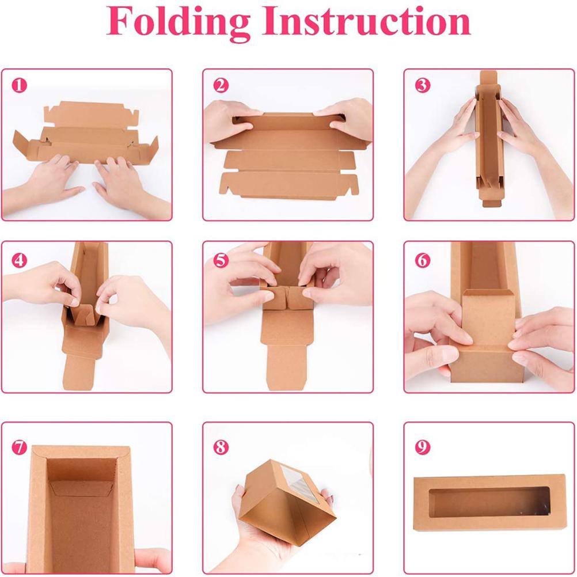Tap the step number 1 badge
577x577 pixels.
20,86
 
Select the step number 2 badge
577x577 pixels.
221,86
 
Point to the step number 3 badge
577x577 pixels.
422,86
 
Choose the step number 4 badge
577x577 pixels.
20,260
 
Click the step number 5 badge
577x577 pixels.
221,260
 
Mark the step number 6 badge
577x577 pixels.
422,260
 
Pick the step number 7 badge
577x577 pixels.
20,447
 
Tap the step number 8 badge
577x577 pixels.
221,447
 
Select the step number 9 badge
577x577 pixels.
422,447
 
